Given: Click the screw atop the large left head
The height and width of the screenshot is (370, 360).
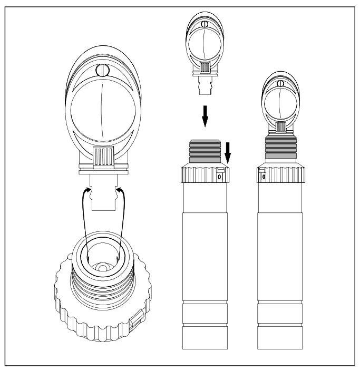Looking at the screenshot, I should click(x=101, y=70).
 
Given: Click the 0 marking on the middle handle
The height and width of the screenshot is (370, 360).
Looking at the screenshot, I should click(x=220, y=178).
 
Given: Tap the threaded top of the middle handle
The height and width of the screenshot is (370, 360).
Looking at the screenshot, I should click(x=206, y=150).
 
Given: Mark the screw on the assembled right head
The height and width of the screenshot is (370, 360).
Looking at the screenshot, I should click(x=281, y=83).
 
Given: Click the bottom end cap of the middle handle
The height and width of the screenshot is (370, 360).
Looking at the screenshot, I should click(x=205, y=338).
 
